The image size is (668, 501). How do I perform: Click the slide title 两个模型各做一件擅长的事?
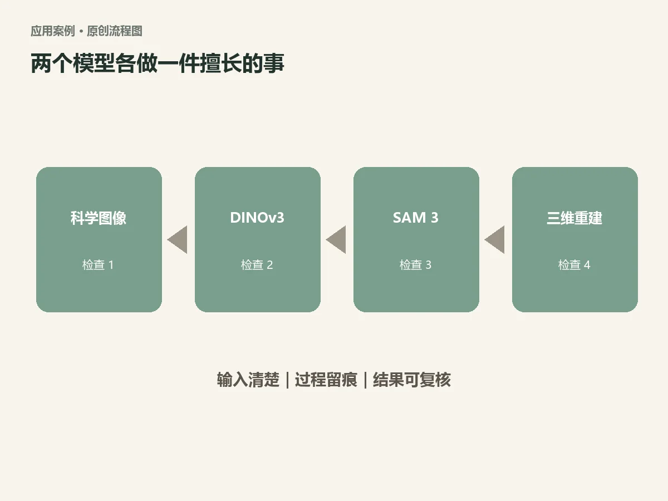pos(158,63)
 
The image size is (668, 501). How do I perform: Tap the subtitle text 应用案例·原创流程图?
pos(86,31)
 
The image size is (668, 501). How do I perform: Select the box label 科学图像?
pos(99,218)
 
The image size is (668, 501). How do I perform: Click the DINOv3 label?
pos(257,218)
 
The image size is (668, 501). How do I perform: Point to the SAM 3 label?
pos(416,218)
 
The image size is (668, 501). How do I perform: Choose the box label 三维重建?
pos(574,218)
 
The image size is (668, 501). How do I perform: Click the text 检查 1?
pos(98,264)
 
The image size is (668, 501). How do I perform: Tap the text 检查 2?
pos(257,264)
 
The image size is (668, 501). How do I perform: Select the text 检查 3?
pos(415,264)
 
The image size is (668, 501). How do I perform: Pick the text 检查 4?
pos(574,264)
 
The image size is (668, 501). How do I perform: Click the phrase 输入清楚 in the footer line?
pos(248,380)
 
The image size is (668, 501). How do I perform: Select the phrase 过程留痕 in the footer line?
pos(326,380)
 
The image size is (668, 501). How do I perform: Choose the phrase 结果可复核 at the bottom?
pos(412,380)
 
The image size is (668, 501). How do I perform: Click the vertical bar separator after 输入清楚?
pos(287,380)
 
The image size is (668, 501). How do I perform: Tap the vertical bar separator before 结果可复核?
pos(365,380)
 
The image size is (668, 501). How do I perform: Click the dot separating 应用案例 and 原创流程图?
pos(81,31)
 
